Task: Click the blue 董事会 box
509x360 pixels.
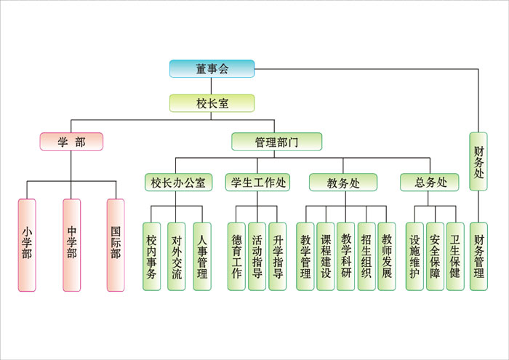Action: click(212, 69)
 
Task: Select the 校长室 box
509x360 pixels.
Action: click(212, 103)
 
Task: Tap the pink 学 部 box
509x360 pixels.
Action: click(71, 142)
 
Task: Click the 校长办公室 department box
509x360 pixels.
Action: click(178, 183)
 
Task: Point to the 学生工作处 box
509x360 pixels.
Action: click(258, 183)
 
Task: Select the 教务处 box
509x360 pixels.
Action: click(343, 183)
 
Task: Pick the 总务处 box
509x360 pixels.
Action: click(429, 183)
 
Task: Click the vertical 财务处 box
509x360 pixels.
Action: click(478, 161)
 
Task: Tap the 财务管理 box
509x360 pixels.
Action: click(478, 256)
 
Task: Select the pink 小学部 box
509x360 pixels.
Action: click(27, 245)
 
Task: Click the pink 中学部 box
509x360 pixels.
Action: click(71, 245)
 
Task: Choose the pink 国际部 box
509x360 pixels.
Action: click(116, 245)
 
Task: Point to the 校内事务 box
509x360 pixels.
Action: click(151, 256)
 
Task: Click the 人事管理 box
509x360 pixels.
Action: click(202, 256)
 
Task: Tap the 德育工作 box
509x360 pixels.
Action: click(236, 256)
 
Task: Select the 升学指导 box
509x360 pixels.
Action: click(277, 256)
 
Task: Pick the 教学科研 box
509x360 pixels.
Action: click(346, 256)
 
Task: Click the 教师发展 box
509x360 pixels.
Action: click(387, 256)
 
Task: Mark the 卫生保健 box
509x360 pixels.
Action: click(455, 256)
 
